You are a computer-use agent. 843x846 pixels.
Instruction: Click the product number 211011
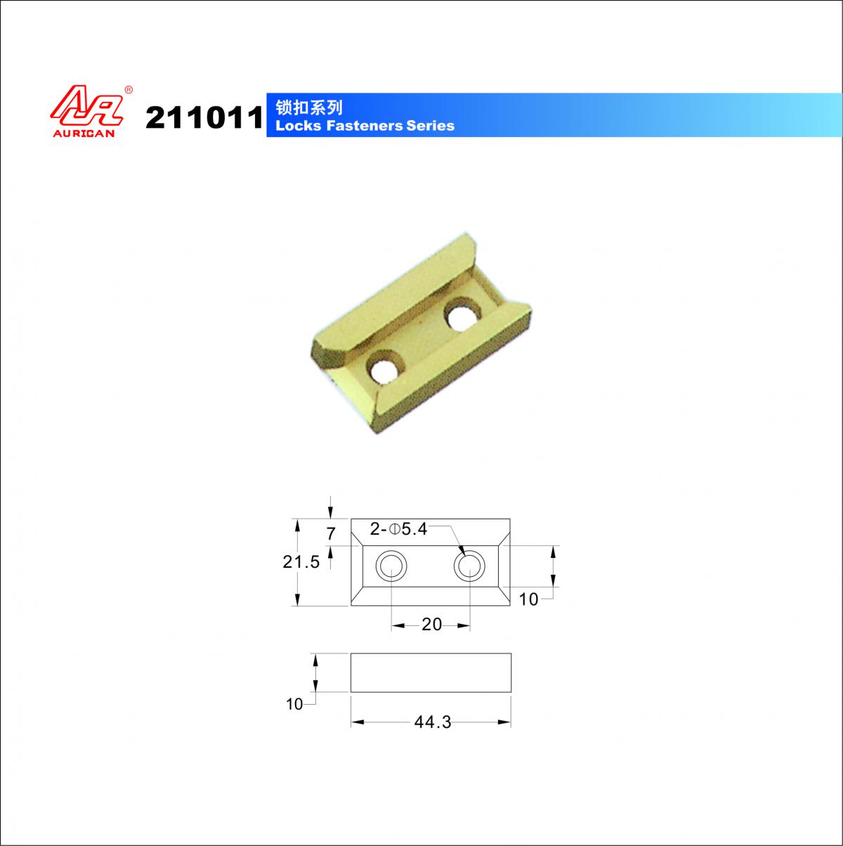tap(204, 118)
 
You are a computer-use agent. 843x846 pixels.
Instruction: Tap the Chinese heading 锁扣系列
tap(308, 108)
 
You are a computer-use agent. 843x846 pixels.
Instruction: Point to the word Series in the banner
tap(430, 126)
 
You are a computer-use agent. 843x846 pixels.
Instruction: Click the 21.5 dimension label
tap(301, 562)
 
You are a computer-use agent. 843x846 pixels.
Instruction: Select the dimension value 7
tap(331, 533)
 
